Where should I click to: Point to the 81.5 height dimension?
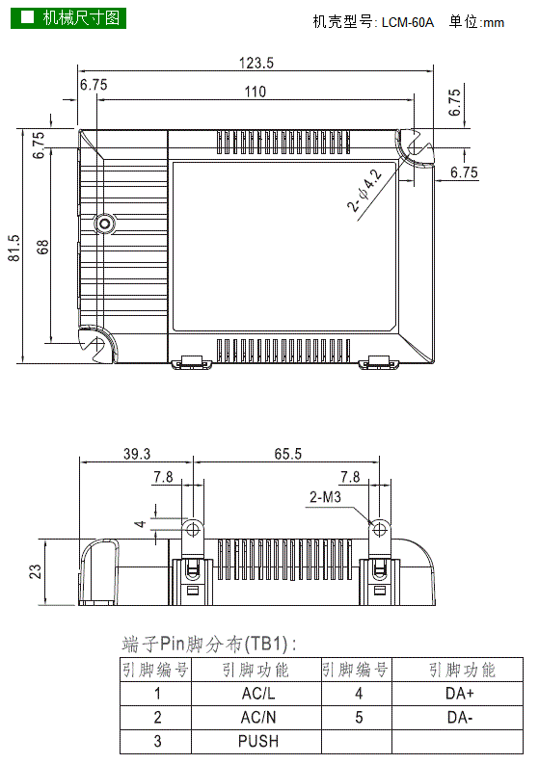pos(13,247)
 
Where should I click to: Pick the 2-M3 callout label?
pos(325,497)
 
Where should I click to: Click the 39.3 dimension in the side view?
pos(137,454)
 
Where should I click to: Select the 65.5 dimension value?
pos(286,454)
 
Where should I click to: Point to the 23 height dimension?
pos(36,571)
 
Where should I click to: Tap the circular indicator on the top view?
pos(103,224)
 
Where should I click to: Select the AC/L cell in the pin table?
pos(257,693)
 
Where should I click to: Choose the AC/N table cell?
pos(257,717)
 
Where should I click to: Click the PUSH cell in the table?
pos(257,741)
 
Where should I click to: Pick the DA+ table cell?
pos(460,693)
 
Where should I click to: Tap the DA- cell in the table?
pos(460,717)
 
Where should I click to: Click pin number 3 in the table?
pos(156,741)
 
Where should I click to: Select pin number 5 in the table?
pos(359,717)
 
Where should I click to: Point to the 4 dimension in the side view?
pos(140,524)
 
